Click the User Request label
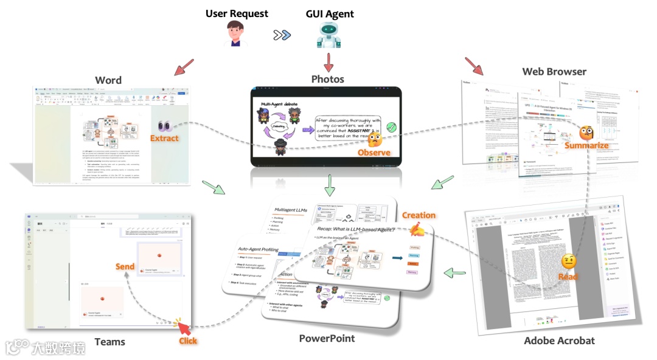tap(237, 13)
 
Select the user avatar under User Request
tap(236, 34)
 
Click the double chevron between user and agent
tap(282, 35)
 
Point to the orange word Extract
tap(165, 138)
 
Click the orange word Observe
tap(374, 153)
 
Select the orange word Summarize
tap(586, 146)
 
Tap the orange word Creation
tap(419, 215)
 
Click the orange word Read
tap(568, 277)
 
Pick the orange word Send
tap(125, 266)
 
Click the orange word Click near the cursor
tap(188, 341)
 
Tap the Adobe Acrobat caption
tap(559, 341)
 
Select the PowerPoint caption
tap(327, 338)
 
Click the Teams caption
tap(109, 342)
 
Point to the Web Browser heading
tap(554, 72)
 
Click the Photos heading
tap(328, 79)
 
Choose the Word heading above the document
tap(108, 80)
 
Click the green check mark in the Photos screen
tap(392, 127)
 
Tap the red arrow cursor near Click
tap(184, 329)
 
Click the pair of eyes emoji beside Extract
tap(164, 125)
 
